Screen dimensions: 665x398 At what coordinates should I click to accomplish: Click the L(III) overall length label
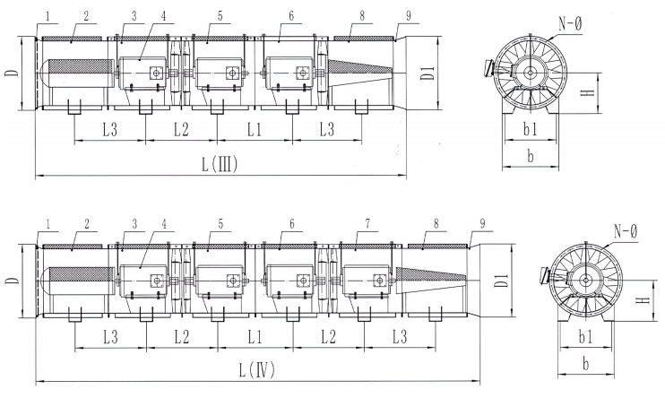220,165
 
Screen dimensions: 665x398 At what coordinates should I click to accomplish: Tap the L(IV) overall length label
256,370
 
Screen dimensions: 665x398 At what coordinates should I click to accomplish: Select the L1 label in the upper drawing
255,130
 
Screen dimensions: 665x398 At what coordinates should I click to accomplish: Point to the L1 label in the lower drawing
255,337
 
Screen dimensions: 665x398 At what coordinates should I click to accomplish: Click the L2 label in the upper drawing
181,130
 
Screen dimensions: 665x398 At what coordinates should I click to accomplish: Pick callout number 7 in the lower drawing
367,223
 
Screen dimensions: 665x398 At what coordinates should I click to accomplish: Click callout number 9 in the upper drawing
408,16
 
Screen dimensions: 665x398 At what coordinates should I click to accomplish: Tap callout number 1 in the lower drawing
47,223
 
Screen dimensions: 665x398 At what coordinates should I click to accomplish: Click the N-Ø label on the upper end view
570,24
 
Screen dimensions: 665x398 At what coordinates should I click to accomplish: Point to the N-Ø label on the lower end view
626,231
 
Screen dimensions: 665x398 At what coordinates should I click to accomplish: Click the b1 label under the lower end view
586,337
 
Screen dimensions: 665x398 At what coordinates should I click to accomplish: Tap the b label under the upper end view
531,157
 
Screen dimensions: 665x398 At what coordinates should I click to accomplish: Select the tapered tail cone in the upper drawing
359,73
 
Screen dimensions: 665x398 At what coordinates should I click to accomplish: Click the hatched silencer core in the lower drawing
82,274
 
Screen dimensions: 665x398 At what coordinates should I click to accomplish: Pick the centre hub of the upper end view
529,73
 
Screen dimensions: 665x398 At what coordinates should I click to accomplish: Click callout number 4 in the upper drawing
163,16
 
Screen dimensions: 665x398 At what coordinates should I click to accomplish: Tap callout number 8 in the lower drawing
436,223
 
